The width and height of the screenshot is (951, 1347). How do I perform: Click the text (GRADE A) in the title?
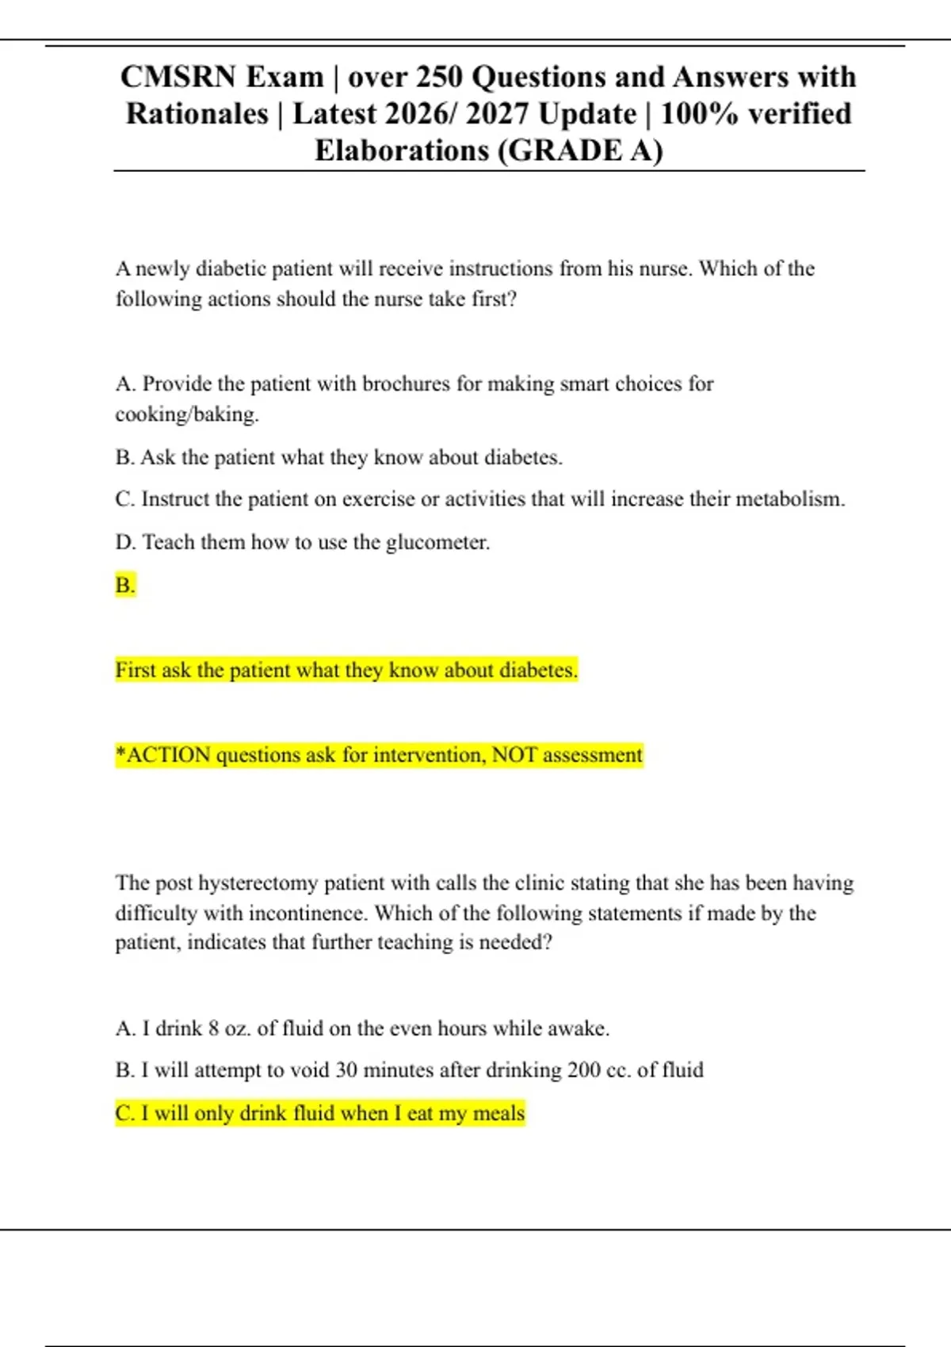pos(580,151)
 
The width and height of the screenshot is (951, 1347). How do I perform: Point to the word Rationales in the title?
pos(197,114)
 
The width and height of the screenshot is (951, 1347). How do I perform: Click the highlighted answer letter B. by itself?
pos(125,586)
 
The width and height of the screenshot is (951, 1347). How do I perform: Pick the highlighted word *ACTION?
pos(163,755)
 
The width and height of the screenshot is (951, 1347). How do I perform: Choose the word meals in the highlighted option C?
pos(498,1114)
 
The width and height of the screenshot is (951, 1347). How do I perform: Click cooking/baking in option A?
pos(187,414)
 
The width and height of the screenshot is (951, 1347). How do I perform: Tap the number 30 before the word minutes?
pos(346,1070)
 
